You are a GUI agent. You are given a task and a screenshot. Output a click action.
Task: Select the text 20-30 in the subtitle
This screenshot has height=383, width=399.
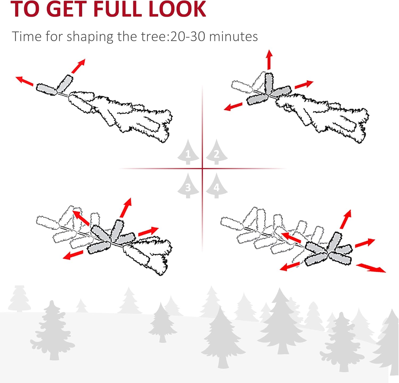tap(188, 36)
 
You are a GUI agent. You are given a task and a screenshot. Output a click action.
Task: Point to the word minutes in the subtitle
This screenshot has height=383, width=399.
tap(234, 36)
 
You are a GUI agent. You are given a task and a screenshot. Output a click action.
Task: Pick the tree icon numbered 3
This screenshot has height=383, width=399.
tap(188, 186)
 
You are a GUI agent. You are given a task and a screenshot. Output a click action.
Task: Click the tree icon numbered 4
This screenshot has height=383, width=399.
tap(217, 186)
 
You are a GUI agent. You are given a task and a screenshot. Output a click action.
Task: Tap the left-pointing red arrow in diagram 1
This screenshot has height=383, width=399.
tap(24, 81)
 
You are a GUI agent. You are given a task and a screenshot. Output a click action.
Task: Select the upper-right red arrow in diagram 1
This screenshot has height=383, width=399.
tap(78, 66)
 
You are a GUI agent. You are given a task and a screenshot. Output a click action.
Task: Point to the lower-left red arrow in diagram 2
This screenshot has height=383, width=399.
tap(233, 107)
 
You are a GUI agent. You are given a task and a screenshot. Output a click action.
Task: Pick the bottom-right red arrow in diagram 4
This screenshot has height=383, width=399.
tap(371, 267)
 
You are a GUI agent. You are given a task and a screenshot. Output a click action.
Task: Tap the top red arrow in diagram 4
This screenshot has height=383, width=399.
tap(346, 219)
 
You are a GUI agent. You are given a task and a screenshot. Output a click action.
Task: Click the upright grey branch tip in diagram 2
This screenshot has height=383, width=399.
tap(269, 82)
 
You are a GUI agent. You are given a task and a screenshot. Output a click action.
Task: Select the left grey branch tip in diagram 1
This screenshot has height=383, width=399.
tap(47, 89)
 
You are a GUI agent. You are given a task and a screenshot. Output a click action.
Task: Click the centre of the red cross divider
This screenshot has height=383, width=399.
tap(202, 168)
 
